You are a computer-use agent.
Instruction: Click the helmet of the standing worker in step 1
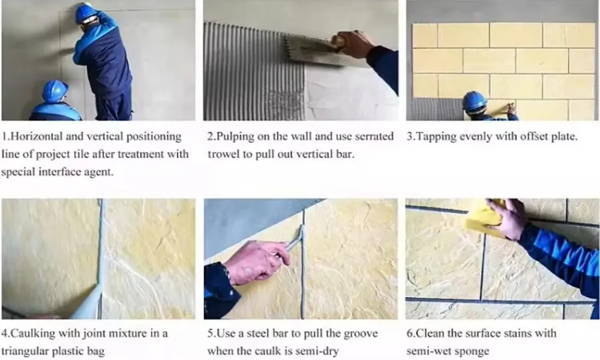(86, 13)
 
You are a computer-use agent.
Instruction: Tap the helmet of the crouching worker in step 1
(55, 91)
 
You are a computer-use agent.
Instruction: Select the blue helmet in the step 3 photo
(474, 101)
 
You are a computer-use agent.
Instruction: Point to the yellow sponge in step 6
(483, 216)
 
